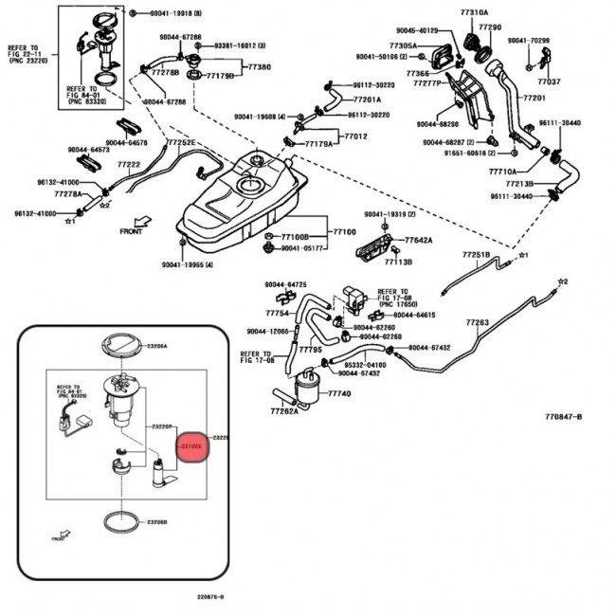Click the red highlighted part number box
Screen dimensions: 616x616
pos(192,443)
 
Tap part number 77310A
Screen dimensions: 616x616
pos(476,12)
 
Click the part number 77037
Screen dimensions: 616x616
pos(550,82)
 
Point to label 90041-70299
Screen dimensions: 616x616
pos(528,41)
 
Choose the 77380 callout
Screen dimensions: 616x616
pos(259,67)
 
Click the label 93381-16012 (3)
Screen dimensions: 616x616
pos(239,45)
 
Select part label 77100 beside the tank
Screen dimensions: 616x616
pos(343,231)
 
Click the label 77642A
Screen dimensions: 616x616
pos(419,241)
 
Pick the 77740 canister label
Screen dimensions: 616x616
pos(339,392)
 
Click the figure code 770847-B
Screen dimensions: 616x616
pos(563,416)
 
